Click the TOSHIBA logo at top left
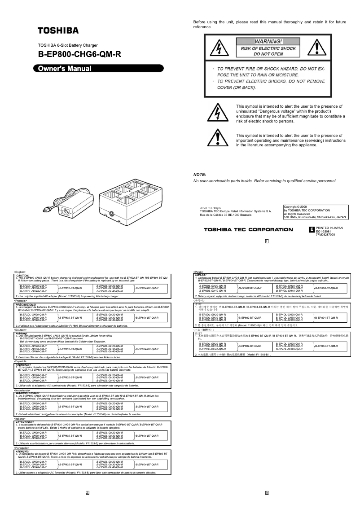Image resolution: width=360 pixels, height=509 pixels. coord(58,31)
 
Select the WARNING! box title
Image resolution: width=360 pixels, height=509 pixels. coord(268,41)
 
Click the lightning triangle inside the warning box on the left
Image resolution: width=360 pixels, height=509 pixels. coord(220,47)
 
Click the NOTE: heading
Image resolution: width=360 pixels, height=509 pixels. coord(199,174)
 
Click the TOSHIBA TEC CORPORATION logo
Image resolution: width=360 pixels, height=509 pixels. coord(248,229)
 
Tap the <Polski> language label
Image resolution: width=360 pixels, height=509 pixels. coord(198,272)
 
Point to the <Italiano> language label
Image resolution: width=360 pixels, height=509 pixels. coord(21,418)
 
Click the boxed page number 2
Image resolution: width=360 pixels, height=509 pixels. coord(88,493)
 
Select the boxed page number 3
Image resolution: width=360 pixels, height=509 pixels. coord(267,493)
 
